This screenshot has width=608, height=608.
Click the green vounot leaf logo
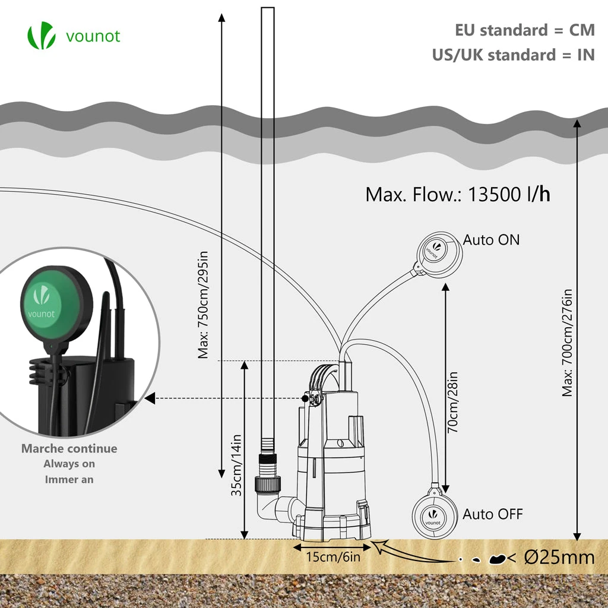point(41,36)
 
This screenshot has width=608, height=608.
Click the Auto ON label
point(491,240)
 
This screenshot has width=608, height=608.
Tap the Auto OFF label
point(493,514)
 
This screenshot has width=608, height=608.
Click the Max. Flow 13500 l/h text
point(457,194)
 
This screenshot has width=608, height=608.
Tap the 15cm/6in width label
point(333,556)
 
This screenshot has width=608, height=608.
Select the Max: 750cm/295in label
point(204,309)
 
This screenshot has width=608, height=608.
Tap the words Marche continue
point(69,449)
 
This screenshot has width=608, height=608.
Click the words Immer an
point(69,479)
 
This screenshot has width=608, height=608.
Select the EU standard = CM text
point(524,30)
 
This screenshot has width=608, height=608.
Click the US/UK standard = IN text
point(513,55)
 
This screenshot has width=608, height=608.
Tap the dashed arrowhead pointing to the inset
point(149,398)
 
